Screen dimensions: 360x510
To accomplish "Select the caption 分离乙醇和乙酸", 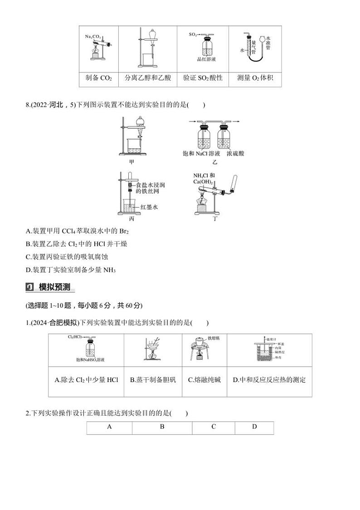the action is [x=148, y=78].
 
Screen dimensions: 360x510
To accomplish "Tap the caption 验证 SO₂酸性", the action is [x=203, y=78].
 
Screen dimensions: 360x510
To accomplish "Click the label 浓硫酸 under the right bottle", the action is [x=235, y=154].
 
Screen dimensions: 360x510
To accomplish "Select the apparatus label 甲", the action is [x=131, y=161].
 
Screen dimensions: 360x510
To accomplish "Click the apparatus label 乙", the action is [x=215, y=162].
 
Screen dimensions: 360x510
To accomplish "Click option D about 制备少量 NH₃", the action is [x=71, y=270].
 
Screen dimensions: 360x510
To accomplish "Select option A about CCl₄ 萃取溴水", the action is [x=75, y=231].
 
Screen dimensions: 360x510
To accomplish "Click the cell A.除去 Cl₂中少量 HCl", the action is [x=86, y=380].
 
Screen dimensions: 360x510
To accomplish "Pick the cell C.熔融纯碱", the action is [x=204, y=380].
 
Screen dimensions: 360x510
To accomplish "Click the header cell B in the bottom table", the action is [x=162, y=427].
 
